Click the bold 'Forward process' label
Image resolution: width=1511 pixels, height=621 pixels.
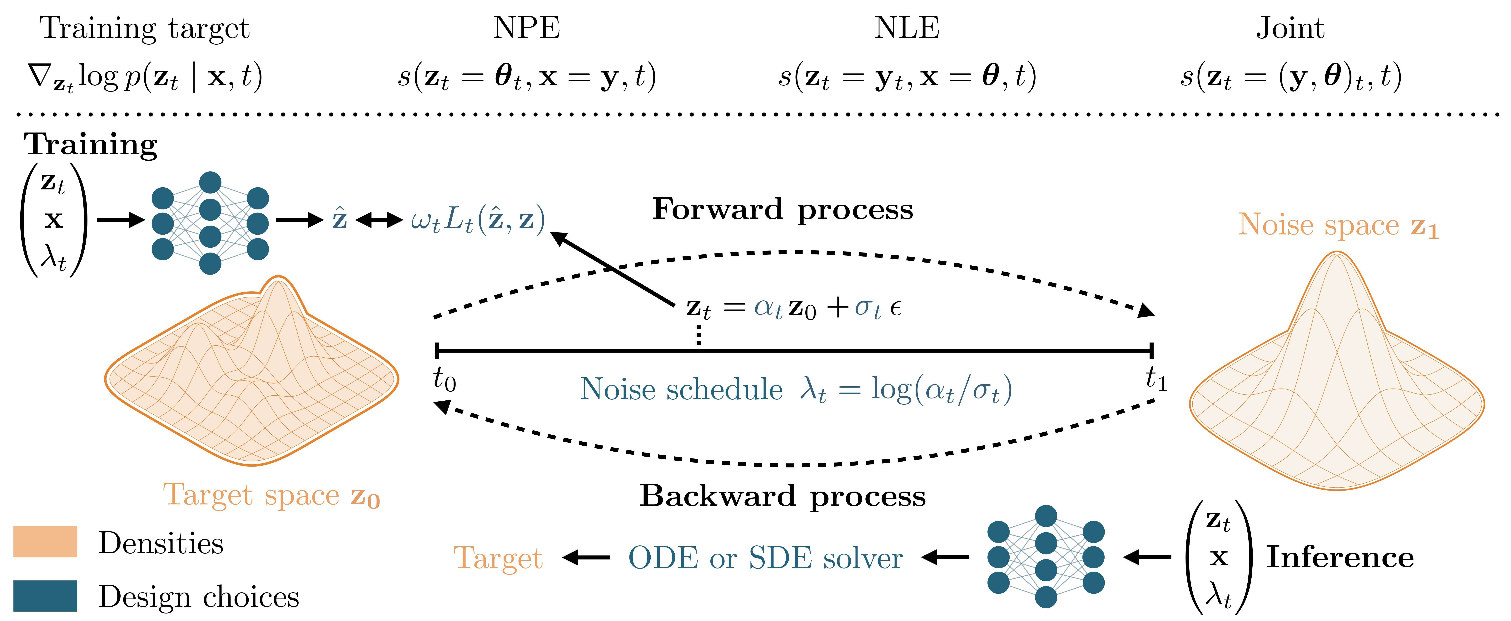tap(783, 209)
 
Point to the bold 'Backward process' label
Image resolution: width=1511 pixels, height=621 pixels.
tap(783, 496)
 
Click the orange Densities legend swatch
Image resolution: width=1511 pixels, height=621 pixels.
tap(45, 541)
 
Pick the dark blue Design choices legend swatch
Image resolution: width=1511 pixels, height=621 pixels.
tap(45, 596)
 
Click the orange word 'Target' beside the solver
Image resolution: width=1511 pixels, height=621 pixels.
tap(498, 558)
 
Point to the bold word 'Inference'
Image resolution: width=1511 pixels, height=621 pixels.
tap(1340, 557)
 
